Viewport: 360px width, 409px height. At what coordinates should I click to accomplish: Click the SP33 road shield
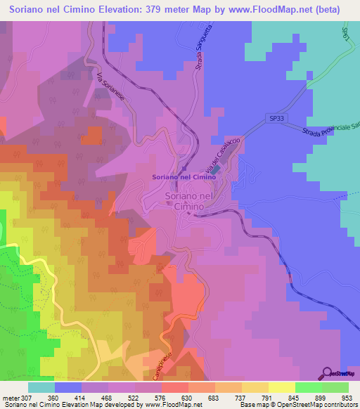(x=276, y=119)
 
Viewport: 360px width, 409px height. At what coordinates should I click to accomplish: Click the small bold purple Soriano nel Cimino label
(x=180, y=177)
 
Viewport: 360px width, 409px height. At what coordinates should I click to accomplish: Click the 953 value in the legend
(x=346, y=397)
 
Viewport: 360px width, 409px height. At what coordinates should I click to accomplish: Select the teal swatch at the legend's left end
(x=41, y=387)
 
